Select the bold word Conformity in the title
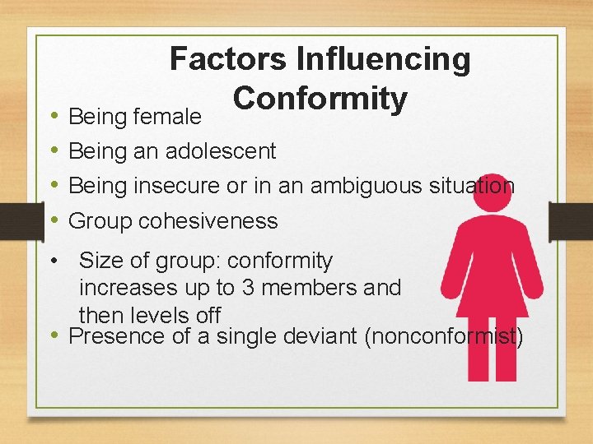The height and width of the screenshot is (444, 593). pyautogui.click(x=320, y=99)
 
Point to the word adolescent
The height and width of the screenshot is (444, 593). pyautogui.click(x=221, y=151)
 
